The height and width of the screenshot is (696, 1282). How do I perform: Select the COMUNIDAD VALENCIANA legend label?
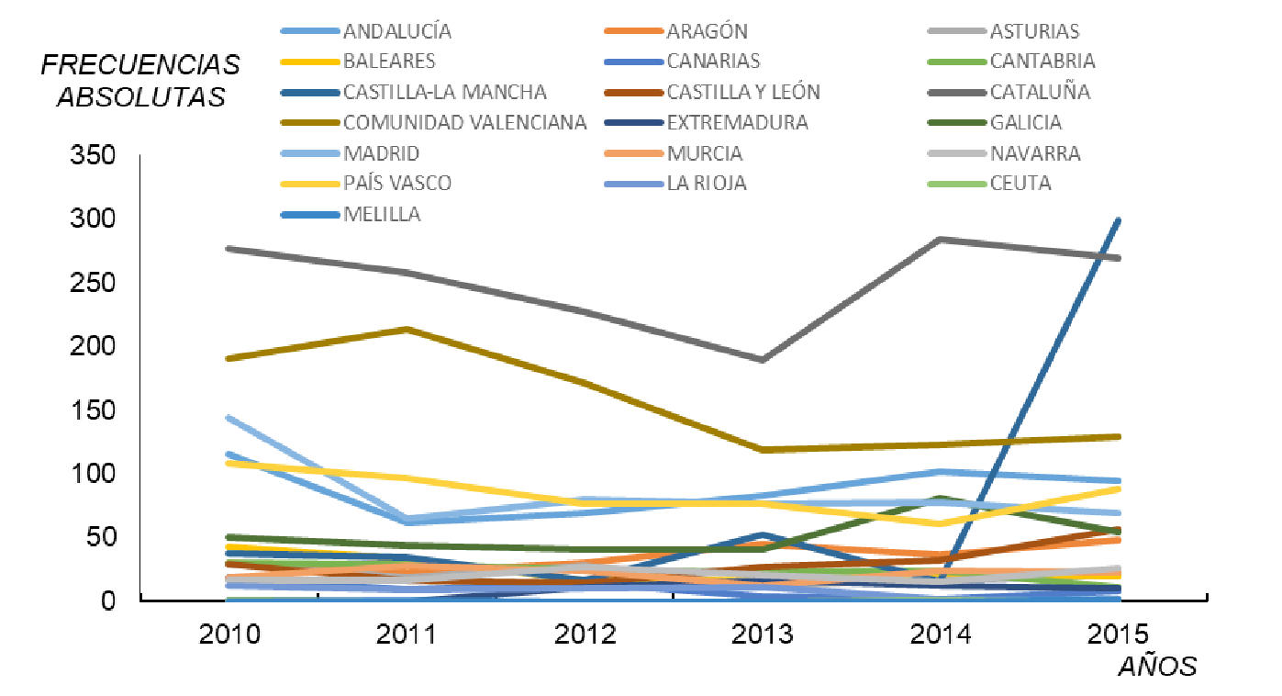point(464,122)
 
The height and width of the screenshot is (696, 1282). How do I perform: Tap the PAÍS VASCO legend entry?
point(397,183)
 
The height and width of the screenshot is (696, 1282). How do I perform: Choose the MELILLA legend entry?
point(382,214)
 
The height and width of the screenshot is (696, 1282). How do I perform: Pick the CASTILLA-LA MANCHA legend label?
point(445,92)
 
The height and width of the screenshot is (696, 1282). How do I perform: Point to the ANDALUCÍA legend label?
point(397,31)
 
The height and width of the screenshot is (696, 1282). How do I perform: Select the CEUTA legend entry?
point(1020,183)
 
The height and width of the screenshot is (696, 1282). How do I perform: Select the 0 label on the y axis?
point(106,600)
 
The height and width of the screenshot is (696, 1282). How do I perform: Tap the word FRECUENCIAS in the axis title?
point(140,64)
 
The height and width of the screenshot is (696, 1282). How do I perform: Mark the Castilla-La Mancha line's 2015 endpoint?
point(1118,220)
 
